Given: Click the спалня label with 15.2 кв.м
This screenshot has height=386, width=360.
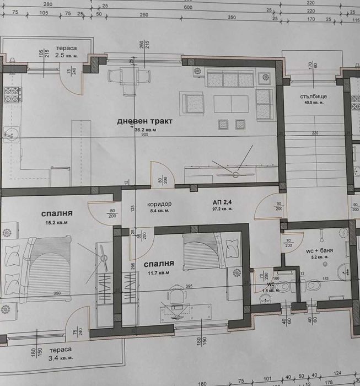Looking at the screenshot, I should coord(57,213).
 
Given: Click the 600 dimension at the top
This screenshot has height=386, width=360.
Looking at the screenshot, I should coord(188,8).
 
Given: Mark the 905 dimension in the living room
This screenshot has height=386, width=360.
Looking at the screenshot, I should coord(144,135).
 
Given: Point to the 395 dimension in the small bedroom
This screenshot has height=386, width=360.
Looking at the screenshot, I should coord(188,286).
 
